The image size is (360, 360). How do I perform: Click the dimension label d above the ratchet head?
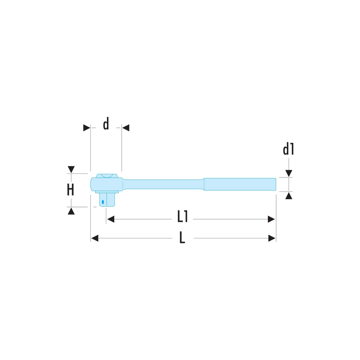pos(106,123)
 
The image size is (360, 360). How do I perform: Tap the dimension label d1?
pos(288,149)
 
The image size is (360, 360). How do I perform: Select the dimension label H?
pos(71,190)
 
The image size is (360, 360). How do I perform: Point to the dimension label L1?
pos(183,216)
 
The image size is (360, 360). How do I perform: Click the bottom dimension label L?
pos(182,237)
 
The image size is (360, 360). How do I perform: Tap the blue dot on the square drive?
pos(103,202)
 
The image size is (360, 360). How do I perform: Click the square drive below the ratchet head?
pos(107,199)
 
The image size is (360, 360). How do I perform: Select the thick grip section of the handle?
pos(240,184)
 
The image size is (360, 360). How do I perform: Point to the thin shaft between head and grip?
pos(163,184)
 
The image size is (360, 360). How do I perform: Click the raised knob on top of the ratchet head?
pos(107,176)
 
